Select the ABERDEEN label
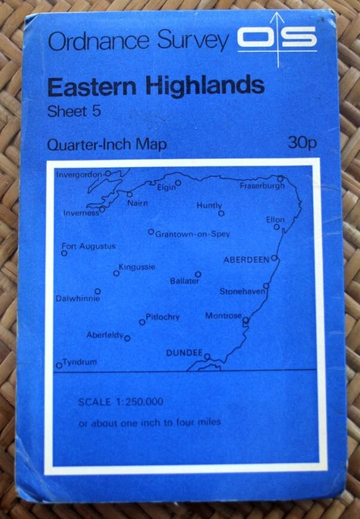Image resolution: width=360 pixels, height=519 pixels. pos(246,259)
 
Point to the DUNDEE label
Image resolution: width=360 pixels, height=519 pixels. pos(184,353)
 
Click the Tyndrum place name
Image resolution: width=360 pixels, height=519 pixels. pos(80,362)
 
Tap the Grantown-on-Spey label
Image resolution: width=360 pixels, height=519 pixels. pos(192,234)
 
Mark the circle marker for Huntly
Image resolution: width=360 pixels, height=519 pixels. pos(221,214)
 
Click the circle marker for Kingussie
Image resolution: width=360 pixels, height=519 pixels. pos(116,273)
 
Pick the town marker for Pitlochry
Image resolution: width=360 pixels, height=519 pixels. pos(142,322)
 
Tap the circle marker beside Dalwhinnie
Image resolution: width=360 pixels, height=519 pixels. pos(97,291)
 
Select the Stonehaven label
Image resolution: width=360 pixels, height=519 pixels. pos(242,291)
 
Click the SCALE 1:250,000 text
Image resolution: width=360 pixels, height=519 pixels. pos(122,402)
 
